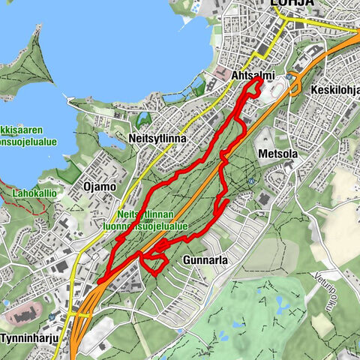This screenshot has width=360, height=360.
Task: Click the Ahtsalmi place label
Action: (253, 76)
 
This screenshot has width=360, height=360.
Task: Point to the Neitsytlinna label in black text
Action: (160, 139)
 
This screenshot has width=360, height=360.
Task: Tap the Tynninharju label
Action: (26, 338)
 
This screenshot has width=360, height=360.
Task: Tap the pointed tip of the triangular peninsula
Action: (35, 30)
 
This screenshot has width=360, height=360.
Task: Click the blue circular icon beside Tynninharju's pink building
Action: (51, 317)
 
